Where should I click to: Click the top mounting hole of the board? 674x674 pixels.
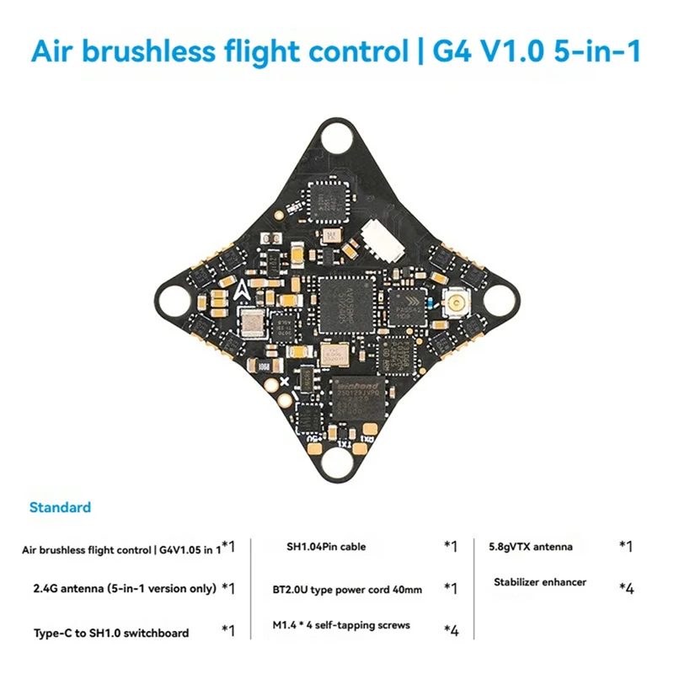pos(336,135)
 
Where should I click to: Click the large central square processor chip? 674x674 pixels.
pos(345,300)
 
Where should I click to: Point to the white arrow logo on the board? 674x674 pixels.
pos(243,291)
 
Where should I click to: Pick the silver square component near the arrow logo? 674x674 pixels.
pos(251,321)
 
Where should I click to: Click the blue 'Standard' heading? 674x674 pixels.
pos(60,508)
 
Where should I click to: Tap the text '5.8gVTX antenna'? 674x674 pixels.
pos(531,547)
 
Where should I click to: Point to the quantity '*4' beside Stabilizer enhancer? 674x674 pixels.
pos(626,588)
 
